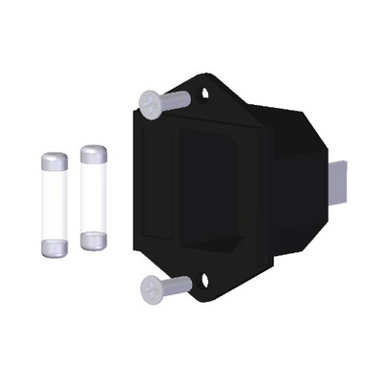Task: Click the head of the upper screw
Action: point(148,102)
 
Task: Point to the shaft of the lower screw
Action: point(176,284)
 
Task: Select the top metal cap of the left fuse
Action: point(54,161)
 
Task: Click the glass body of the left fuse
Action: point(55,204)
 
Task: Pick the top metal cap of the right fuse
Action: point(93,155)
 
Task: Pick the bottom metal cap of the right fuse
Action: point(93,239)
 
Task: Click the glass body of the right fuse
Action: point(93,198)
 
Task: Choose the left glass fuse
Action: point(55,204)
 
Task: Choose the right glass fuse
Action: point(93,198)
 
